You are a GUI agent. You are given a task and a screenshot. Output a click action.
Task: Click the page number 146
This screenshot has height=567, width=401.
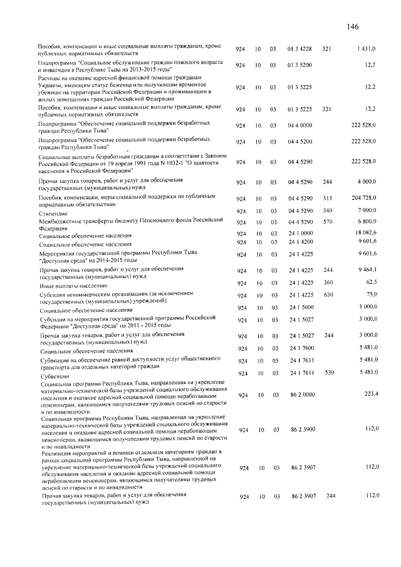(352, 27)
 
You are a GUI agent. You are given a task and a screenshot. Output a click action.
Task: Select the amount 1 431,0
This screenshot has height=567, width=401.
(366, 48)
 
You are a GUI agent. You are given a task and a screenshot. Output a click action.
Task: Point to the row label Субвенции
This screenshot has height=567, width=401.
(52, 376)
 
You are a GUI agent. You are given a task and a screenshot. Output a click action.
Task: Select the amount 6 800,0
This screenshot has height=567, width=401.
(366, 222)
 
